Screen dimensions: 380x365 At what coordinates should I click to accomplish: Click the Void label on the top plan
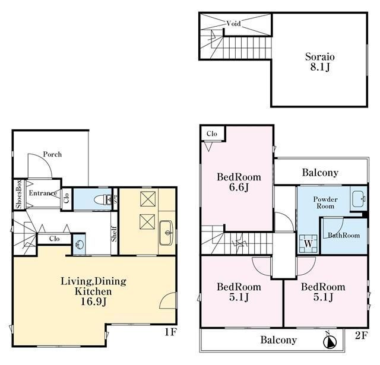pyautogui.click(x=233, y=24)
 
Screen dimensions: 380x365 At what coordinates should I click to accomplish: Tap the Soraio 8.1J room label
pyautogui.click(x=320, y=62)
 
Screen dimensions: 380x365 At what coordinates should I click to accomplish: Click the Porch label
pyautogui.click(x=52, y=154)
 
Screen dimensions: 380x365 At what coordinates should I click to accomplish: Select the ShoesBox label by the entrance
pyautogui.click(x=19, y=194)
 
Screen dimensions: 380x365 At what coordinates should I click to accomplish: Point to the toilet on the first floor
pyautogui.click(x=103, y=199)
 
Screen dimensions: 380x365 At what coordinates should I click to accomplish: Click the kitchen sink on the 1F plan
pyautogui.click(x=166, y=233)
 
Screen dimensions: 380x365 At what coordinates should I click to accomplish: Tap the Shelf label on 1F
pyautogui.click(x=114, y=234)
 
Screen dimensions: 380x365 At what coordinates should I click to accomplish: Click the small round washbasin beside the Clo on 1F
pyautogui.click(x=79, y=245)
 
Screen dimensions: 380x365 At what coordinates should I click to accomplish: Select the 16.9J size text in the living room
pyautogui.click(x=93, y=301)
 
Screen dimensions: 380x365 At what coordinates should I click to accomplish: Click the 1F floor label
pyautogui.click(x=170, y=332)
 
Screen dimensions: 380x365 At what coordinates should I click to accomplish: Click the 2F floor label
pyautogui.click(x=362, y=335)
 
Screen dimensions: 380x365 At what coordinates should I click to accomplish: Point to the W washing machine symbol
pyautogui.click(x=308, y=244)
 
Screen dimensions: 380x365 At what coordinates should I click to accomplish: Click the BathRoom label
pyautogui.click(x=344, y=236)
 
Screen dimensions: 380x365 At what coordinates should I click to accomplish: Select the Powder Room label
pyautogui.click(x=325, y=203)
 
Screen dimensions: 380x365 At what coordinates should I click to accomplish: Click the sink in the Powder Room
pyautogui.click(x=359, y=199)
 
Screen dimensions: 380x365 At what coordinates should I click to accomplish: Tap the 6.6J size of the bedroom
pyautogui.click(x=239, y=188)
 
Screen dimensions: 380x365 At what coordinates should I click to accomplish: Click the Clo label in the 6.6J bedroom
pyautogui.click(x=212, y=134)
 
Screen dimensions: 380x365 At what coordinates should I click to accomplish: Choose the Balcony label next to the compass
pyautogui.click(x=278, y=340)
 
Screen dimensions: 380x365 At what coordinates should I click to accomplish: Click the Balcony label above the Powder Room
pyautogui.click(x=320, y=173)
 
